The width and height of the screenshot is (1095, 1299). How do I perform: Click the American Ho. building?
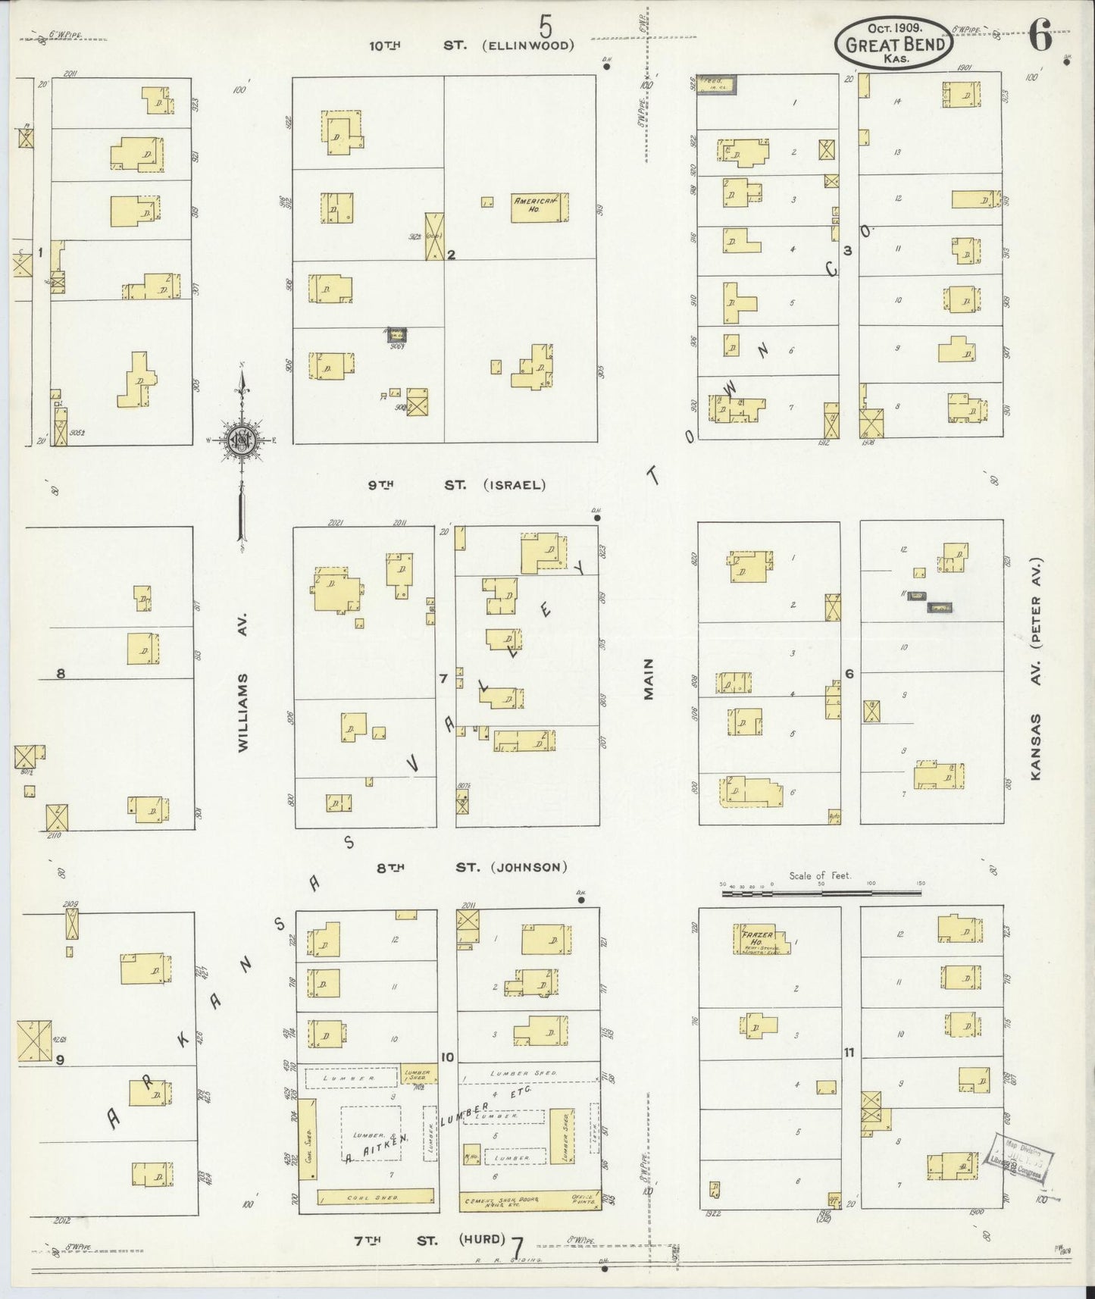(x=539, y=207)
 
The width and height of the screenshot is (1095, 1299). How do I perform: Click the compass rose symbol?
(x=242, y=440)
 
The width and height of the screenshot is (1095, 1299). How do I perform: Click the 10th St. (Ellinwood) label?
(x=471, y=45)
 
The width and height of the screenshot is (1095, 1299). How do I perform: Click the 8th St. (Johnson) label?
(x=471, y=867)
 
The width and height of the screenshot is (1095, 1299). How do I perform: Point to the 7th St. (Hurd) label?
(x=430, y=1240)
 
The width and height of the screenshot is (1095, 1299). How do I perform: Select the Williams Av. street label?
(x=243, y=712)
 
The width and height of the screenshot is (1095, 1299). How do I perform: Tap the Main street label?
(x=649, y=678)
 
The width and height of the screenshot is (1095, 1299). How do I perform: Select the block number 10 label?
(x=447, y=1057)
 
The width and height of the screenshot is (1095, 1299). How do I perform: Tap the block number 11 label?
(x=849, y=1052)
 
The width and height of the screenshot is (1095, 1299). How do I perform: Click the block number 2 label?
(x=451, y=255)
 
